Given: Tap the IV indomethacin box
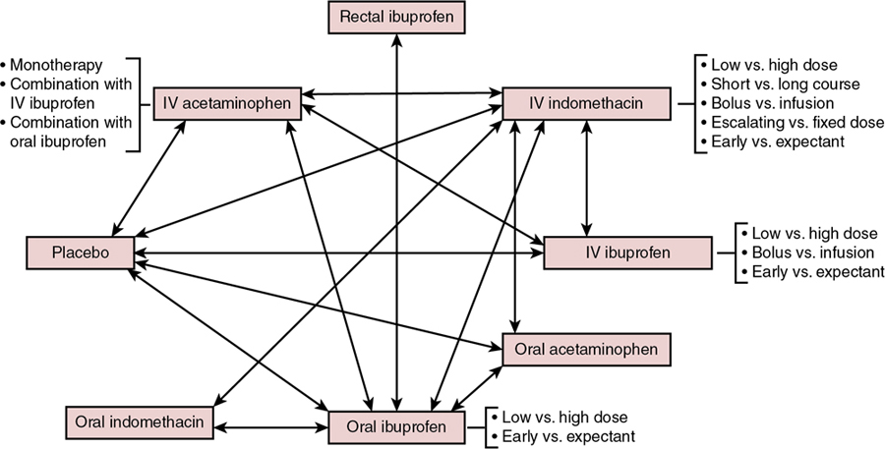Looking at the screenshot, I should click(586, 102).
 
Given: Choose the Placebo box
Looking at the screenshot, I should click(80, 253).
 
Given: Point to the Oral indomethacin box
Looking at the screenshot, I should click(141, 421).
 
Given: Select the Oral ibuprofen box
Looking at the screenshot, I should click(396, 427).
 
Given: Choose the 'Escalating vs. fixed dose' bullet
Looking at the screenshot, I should click(791, 124).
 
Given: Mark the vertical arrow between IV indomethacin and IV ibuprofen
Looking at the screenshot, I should click(587, 177).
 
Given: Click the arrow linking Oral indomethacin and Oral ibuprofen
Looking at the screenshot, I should click(272, 428).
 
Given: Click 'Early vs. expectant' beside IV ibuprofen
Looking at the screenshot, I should click(817, 272).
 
